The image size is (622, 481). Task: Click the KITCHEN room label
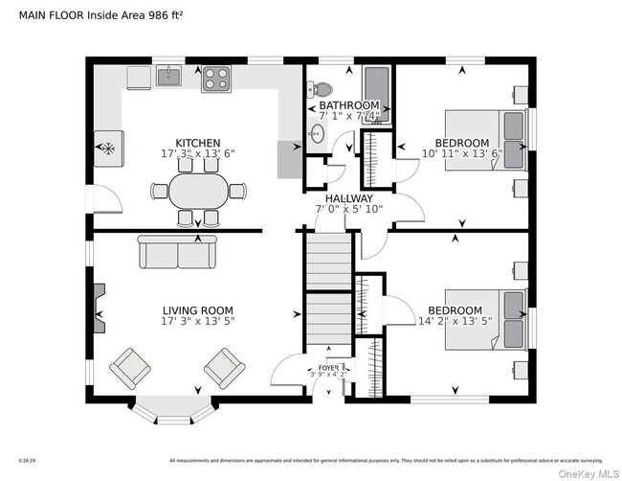(197, 143)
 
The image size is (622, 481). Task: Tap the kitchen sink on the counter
(168, 76)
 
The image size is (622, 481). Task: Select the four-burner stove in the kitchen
(215, 78)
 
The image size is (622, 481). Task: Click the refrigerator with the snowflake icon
(107, 149)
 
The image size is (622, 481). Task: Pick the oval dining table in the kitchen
(198, 191)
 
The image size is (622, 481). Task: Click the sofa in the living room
(178, 252)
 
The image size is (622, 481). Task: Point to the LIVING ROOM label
(197, 310)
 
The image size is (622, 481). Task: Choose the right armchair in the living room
(224, 367)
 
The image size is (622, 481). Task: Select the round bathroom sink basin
(317, 133)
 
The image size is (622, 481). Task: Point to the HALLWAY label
(347, 199)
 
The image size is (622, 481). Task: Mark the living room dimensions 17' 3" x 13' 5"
(197, 322)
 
